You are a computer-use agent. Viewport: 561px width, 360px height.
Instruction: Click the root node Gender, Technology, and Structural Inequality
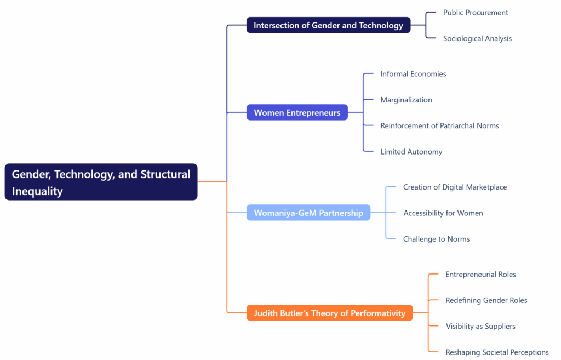[101, 182]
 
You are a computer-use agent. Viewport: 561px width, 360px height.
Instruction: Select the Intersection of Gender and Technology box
[328, 25]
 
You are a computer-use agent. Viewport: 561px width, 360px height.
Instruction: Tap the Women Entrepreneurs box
[297, 113]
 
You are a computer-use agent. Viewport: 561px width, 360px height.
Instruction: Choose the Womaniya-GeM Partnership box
[308, 213]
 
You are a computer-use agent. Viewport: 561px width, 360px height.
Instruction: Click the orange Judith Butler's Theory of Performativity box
[329, 313]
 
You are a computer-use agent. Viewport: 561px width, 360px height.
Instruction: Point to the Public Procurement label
[476, 13]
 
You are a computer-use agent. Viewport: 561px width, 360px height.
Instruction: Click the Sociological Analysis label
[477, 38]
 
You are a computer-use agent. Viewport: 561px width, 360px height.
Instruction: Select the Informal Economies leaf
[413, 74]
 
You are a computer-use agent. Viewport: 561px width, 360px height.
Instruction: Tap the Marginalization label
[406, 100]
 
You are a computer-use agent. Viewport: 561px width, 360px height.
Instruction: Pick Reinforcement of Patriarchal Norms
[439, 125]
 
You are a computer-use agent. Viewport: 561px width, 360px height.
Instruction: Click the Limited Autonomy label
[411, 152]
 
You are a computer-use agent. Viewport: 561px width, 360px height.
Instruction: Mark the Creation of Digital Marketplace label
[455, 187]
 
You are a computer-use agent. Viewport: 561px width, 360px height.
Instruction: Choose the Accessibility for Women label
[443, 213]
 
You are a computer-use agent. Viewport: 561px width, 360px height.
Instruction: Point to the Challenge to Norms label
[436, 239]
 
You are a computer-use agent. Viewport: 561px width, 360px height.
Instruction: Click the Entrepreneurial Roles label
[480, 275]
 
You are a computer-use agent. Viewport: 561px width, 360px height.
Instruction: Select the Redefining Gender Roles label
[486, 300]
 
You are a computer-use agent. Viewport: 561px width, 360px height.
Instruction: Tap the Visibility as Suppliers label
[480, 326]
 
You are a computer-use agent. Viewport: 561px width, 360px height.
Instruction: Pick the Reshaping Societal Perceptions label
[497, 352]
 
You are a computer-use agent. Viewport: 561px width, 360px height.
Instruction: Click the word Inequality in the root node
[37, 191]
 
